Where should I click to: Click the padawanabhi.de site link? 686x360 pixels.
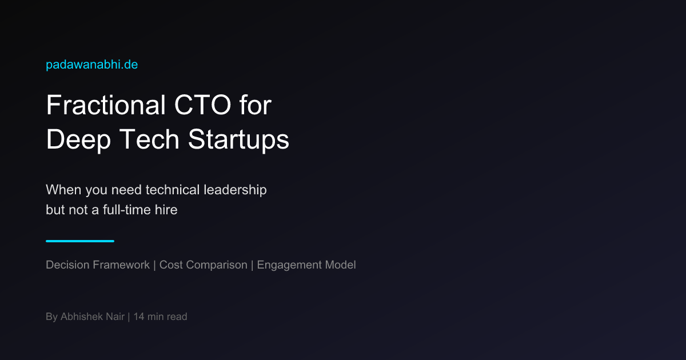pyautogui.click(x=92, y=65)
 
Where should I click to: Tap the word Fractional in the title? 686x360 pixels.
pyautogui.click(x=106, y=105)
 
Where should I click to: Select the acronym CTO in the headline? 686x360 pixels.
pyautogui.click(x=202, y=105)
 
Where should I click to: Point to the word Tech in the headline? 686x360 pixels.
pyautogui.click(x=149, y=139)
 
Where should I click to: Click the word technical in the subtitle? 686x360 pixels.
pyautogui.click(x=173, y=190)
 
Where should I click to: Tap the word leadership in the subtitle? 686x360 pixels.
pyautogui.click(x=235, y=190)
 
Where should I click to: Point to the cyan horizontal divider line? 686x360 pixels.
pyautogui.click(x=80, y=241)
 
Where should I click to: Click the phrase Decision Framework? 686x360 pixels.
pyautogui.click(x=98, y=265)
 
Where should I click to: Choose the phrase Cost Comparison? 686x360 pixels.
pyautogui.click(x=204, y=265)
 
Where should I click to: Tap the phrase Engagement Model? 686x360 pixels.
pyautogui.click(x=306, y=265)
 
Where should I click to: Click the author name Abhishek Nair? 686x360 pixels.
pyautogui.click(x=93, y=317)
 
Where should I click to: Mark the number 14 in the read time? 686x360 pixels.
pyautogui.click(x=139, y=317)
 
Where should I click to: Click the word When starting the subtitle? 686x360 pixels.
pyautogui.click(x=63, y=190)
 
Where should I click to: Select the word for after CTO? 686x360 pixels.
pyautogui.click(x=256, y=105)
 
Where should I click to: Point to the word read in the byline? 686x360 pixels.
pyautogui.click(x=177, y=317)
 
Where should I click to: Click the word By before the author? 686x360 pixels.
pyautogui.click(x=52, y=317)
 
